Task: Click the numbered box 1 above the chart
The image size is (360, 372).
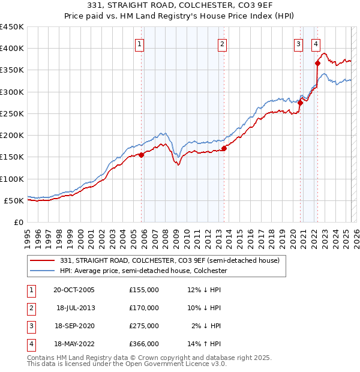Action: [x=139, y=44]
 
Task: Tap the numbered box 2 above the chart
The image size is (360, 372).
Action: [x=222, y=44]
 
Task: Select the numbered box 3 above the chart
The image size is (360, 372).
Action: [x=298, y=44]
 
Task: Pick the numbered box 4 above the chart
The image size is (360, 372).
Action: [x=316, y=44]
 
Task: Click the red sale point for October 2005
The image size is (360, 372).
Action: [x=142, y=155]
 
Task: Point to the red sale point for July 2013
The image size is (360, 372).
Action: [x=224, y=148]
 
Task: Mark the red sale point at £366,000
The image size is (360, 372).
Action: [x=317, y=63]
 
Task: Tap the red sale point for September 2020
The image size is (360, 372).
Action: [x=300, y=103]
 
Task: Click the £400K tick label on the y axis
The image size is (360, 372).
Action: [x=12, y=49]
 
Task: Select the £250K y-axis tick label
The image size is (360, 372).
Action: [x=12, y=113]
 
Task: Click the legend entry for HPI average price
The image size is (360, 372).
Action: [x=143, y=271]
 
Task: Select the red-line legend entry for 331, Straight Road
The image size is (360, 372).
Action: [x=170, y=261]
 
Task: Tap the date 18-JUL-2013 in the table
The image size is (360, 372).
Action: [x=76, y=308]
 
